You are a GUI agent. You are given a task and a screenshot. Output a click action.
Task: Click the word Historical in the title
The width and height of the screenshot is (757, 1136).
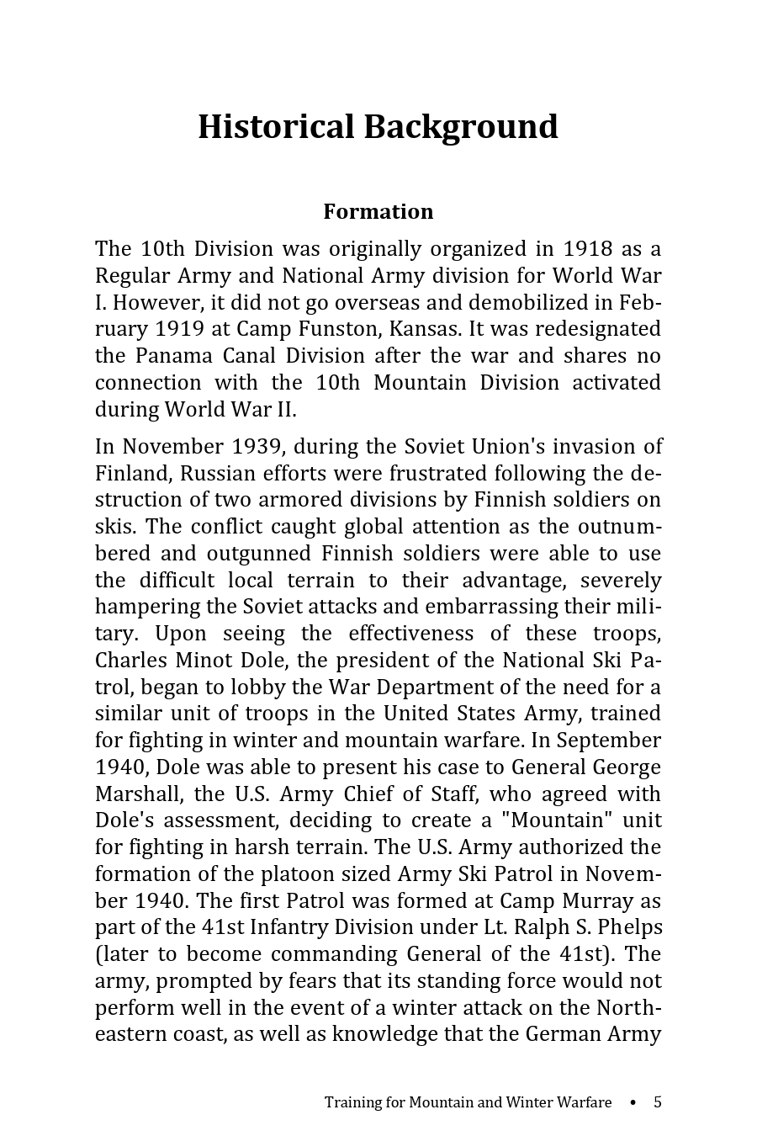pyautogui.click(x=276, y=127)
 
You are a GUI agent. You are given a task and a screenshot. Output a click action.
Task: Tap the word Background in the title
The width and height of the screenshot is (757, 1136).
pyautogui.click(x=460, y=127)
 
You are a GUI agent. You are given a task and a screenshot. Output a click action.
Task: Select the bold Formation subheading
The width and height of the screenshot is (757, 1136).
pyautogui.click(x=378, y=211)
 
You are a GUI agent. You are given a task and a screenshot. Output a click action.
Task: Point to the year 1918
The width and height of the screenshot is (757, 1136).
pyautogui.click(x=587, y=249)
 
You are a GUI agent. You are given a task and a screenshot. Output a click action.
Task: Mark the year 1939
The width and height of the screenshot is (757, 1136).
pyautogui.click(x=256, y=446)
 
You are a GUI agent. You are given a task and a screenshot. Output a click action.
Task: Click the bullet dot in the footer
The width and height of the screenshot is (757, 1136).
pyautogui.click(x=633, y=1102)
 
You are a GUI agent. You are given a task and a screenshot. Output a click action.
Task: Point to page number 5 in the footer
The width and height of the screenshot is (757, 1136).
pyautogui.click(x=658, y=1102)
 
